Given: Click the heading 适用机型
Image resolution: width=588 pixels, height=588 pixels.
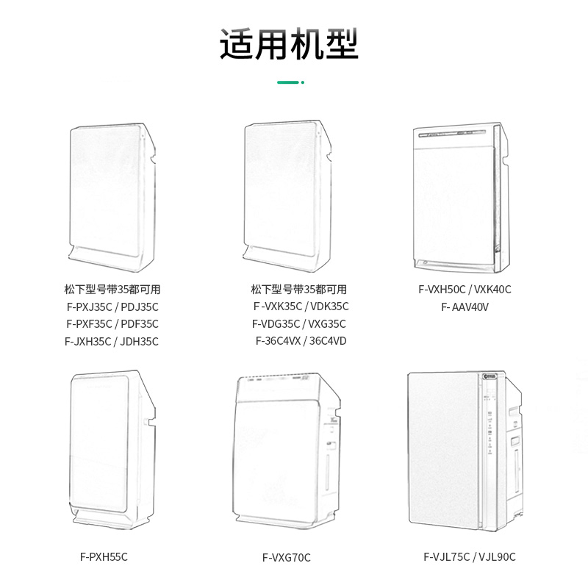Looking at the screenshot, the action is coord(289,45).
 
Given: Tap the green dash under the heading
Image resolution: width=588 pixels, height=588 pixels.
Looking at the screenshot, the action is coord(289,83).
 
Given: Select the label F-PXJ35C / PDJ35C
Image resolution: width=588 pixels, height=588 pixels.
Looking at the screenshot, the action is coord(112,306).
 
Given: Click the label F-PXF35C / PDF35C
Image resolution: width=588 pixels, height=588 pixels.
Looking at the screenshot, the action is coord(112,324).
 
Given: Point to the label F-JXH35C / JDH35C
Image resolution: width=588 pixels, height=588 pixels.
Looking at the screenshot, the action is coord(112,342).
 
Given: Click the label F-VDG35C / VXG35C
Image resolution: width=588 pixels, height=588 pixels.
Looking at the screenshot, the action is coord(298,324).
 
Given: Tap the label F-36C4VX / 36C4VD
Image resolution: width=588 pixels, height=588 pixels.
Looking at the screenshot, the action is coord(301,341).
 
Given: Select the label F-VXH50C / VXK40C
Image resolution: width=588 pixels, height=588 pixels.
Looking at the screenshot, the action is coord(465,290).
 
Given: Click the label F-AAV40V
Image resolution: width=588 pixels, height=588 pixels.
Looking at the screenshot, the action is coord(465,307).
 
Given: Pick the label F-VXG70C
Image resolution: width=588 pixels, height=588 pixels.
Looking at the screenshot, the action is coord(287,558).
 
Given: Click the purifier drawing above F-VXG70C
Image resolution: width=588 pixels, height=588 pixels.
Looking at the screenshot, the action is coord(287,448).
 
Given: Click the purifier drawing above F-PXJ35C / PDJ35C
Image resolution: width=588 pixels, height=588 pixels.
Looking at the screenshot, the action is coord(113,195).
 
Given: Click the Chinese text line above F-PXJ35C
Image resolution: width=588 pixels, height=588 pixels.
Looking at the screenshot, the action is coord(112,290).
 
